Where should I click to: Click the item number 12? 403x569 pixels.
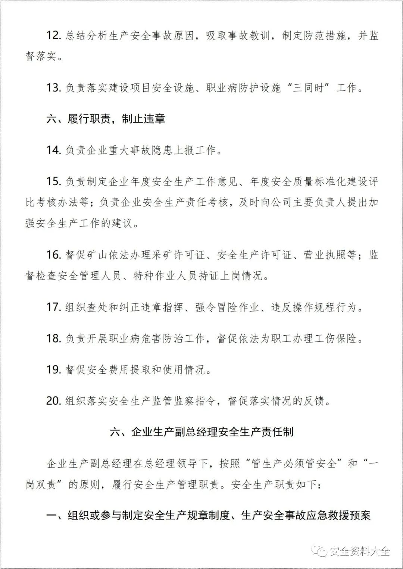tap(54, 36)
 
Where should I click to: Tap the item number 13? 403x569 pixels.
tap(54, 88)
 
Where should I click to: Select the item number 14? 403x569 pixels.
tap(54, 150)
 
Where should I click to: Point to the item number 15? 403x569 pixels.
tap(54, 181)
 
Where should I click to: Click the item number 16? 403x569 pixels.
tap(54, 255)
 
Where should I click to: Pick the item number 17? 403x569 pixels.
tap(54, 307)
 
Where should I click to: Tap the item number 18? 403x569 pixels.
tap(54, 338)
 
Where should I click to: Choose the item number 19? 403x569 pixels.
tap(54, 370)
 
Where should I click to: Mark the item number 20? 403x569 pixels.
tap(54, 401)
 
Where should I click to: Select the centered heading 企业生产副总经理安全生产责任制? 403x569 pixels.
tap(212, 432)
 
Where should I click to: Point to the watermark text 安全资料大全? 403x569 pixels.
tap(359, 551)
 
